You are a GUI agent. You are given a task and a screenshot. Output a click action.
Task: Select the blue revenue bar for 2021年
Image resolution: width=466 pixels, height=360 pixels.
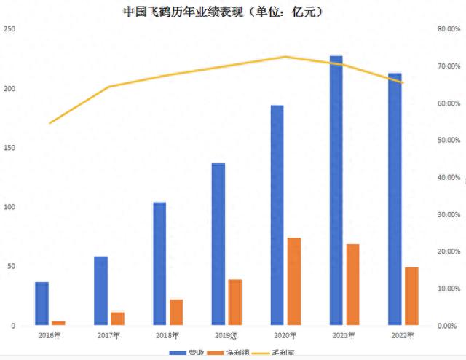[x=336, y=190]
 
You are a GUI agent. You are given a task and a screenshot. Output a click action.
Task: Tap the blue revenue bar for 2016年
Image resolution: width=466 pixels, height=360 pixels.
[x=42, y=303]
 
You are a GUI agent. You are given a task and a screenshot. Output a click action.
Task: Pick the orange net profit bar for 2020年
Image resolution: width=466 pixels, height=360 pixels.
[x=294, y=281]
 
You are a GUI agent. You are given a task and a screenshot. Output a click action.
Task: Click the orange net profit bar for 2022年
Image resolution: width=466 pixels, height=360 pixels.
[x=411, y=296]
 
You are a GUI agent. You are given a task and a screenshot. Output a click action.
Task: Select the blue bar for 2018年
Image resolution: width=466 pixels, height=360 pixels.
[x=159, y=263]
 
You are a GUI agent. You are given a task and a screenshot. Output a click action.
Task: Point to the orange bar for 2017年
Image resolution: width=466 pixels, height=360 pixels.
[x=117, y=318]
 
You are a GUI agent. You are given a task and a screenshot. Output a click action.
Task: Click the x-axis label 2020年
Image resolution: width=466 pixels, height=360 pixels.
[x=285, y=335]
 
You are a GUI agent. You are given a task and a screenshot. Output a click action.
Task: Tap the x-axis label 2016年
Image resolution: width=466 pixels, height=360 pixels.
[x=49, y=335]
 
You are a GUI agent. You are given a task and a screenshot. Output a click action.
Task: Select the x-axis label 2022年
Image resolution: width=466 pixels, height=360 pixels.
[x=403, y=335]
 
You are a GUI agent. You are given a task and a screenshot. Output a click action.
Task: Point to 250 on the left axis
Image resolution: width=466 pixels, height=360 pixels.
[x=10, y=29]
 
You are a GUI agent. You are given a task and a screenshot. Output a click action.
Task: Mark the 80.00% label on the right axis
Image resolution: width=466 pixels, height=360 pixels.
[x=447, y=29]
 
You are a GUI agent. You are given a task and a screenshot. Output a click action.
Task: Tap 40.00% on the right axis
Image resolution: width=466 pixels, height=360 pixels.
[x=447, y=177]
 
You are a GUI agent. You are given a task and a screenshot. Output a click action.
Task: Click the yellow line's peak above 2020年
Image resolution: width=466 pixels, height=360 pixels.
[x=285, y=57]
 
